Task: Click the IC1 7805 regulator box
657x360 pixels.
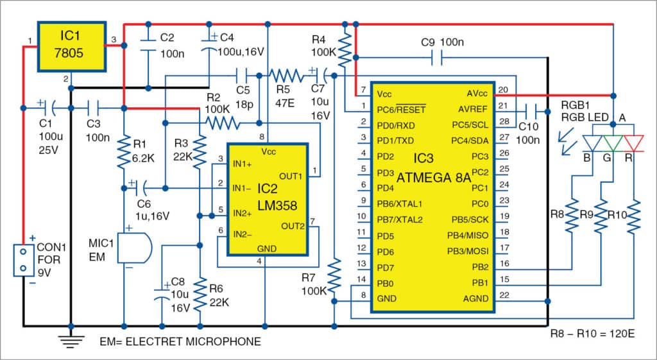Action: [x=72, y=46]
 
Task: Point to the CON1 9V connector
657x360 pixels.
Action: [x=24, y=261]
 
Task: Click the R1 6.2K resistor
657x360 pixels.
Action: [x=123, y=152]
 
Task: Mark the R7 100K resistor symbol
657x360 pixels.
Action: [x=334, y=277]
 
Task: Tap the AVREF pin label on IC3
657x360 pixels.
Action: [x=474, y=107]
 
